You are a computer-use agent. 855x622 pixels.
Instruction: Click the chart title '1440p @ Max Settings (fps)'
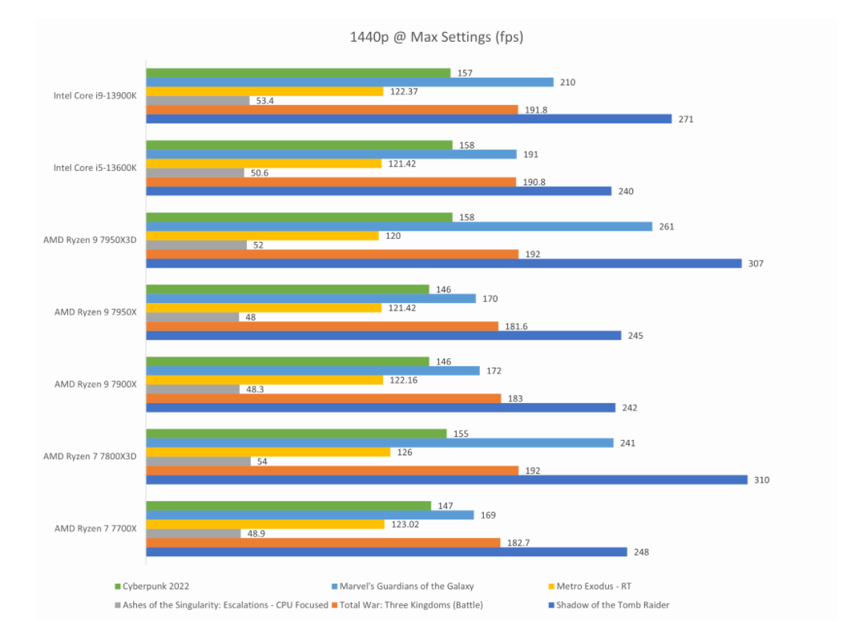tap(436, 37)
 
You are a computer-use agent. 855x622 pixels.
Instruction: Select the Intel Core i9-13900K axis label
tap(95, 95)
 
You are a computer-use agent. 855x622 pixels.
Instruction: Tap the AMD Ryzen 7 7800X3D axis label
tap(90, 456)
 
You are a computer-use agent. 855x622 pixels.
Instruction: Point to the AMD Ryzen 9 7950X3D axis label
tap(90, 240)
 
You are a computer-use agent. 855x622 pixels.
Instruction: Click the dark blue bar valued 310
tap(446, 480)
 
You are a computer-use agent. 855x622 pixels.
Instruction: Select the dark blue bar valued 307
tap(443, 263)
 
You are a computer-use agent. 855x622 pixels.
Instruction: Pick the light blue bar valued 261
tap(399, 227)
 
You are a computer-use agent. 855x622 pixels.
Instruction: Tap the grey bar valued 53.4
tap(197, 101)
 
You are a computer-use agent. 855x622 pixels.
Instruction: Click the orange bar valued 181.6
tap(321, 326)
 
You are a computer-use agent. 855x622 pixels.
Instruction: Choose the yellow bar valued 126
tap(268, 452)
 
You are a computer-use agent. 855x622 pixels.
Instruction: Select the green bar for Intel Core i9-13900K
tap(298, 74)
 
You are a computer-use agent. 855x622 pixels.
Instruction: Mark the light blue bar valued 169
tap(309, 515)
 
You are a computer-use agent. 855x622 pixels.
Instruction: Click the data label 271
tap(687, 119)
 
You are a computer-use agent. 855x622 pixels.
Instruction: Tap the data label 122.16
tap(405, 380)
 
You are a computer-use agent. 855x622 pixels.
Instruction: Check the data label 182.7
tap(518, 543)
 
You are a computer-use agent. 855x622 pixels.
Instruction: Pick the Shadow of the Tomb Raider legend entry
tap(612, 605)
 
